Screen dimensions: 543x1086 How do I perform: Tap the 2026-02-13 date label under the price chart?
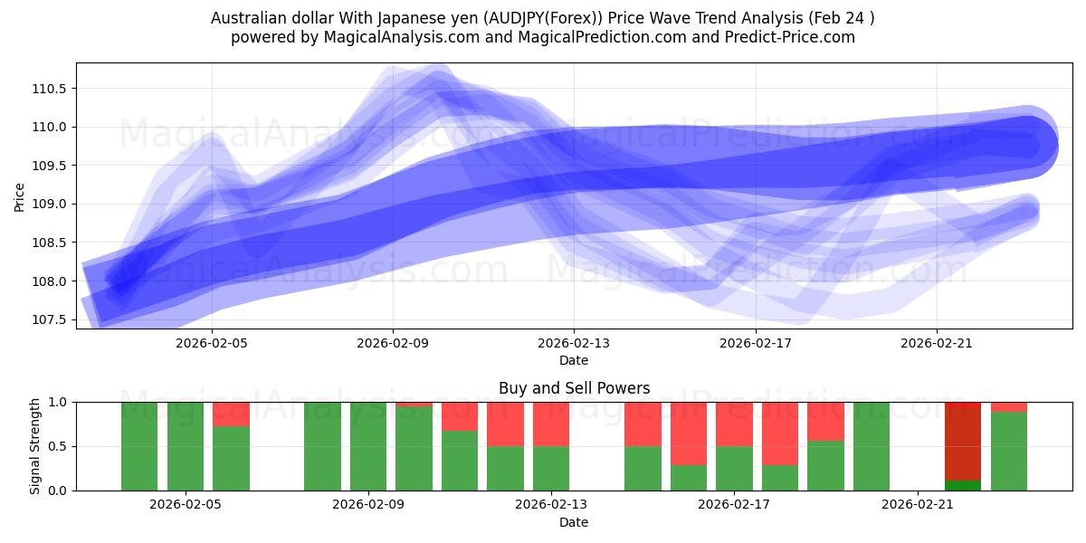click(574, 343)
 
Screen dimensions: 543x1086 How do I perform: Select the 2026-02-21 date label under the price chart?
click(936, 343)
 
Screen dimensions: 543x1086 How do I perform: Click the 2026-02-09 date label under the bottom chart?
click(368, 505)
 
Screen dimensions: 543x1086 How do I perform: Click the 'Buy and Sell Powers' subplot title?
click(574, 388)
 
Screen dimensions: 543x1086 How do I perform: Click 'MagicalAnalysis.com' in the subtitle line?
click(395, 37)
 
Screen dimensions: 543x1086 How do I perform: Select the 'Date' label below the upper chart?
click(574, 360)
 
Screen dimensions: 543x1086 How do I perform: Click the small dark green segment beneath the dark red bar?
click(962, 485)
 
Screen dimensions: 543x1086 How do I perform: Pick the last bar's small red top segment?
click(1008, 406)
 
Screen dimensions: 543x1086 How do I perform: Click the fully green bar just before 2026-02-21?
click(871, 446)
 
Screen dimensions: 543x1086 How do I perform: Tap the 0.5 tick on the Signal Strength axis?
click(60, 446)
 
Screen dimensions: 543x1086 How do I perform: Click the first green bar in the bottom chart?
click(139, 446)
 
